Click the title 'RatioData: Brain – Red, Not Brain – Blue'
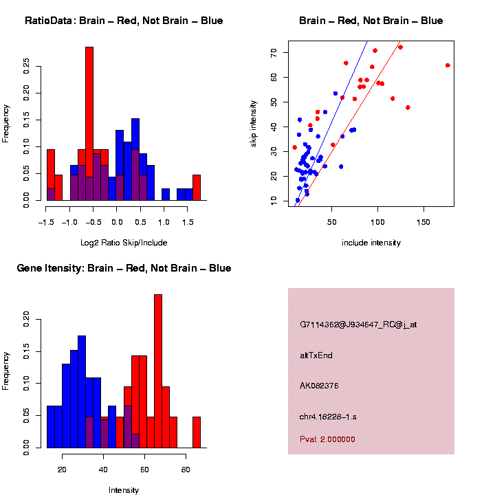(x=124, y=21)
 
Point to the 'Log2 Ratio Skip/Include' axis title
(x=124, y=242)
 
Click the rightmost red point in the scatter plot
(x=448, y=65)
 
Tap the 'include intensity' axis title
(x=371, y=243)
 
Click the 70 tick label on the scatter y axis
(x=273, y=52)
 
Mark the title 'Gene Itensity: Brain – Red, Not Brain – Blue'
(x=124, y=268)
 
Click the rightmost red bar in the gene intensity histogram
(x=197, y=432)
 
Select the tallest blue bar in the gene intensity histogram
(x=82, y=392)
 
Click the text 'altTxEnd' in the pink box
(x=316, y=355)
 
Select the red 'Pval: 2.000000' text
(x=327, y=439)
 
